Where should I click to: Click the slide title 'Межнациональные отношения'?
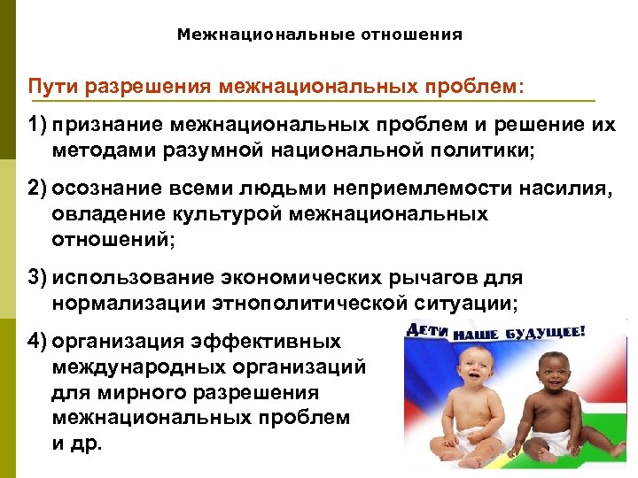pyautogui.click(x=319, y=35)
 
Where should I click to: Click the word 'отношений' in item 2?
pyautogui.click(x=111, y=238)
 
